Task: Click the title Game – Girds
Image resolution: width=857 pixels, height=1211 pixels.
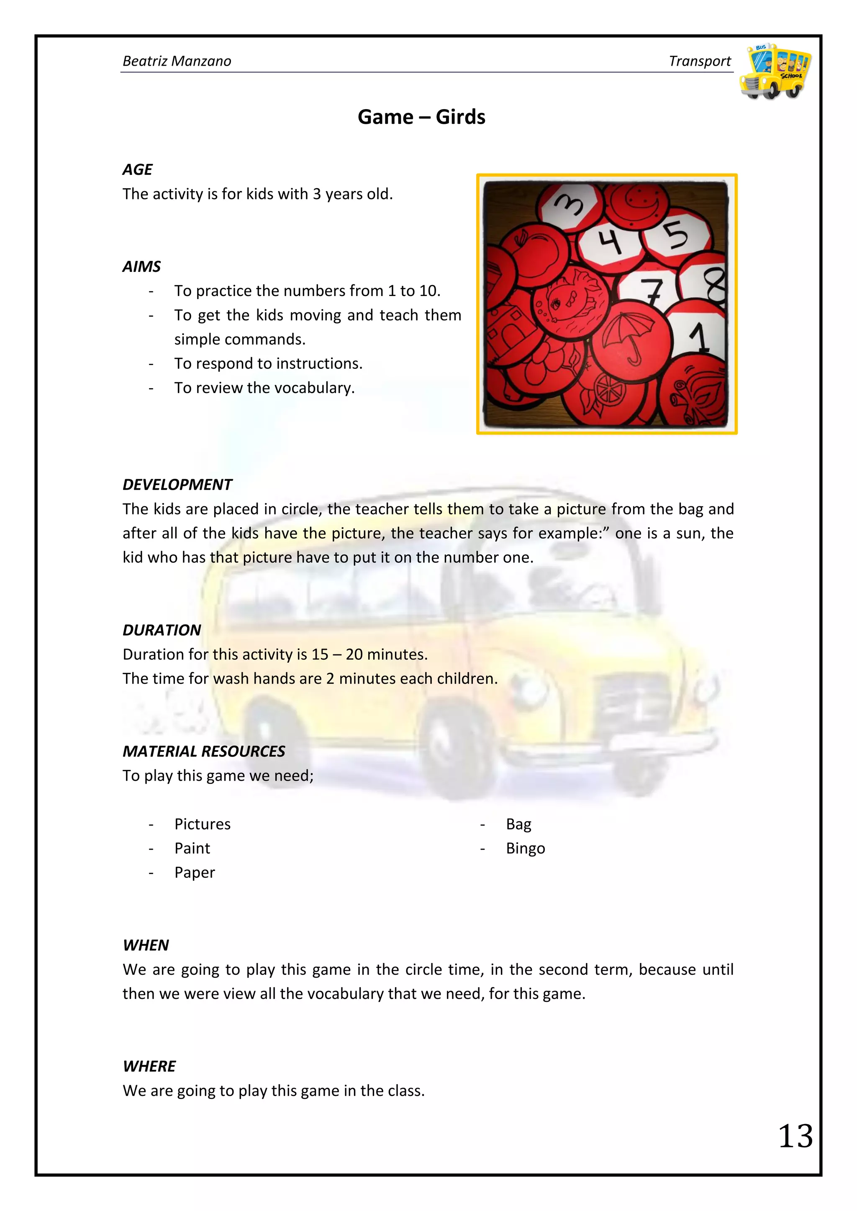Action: tap(421, 117)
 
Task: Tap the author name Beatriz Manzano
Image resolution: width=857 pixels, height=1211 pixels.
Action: tap(177, 61)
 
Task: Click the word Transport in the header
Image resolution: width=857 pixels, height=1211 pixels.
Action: tap(699, 61)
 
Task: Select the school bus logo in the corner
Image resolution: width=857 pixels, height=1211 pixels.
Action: tap(775, 71)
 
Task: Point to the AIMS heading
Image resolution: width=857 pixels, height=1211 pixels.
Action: tap(141, 266)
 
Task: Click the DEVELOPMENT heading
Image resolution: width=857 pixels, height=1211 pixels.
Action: tap(177, 484)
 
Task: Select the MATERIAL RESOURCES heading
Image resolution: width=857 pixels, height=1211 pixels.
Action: tap(204, 751)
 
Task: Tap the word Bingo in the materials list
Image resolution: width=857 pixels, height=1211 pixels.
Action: tap(525, 848)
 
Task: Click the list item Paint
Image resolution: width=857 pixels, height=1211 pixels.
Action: tap(192, 848)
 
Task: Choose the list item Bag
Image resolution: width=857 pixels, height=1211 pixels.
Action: tap(518, 824)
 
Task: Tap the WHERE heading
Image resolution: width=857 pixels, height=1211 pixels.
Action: tap(149, 1066)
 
